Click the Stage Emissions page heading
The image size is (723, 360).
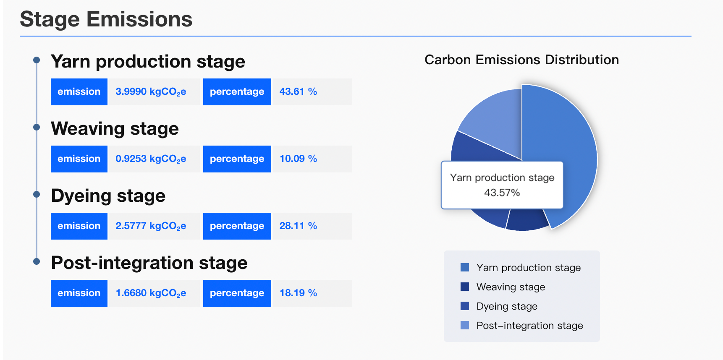(x=106, y=19)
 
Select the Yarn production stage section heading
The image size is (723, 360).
(x=148, y=62)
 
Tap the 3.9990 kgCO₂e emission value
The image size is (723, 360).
(x=151, y=92)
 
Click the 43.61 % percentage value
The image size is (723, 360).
(x=298, y=91)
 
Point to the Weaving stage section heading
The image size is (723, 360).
(x=115, y=129)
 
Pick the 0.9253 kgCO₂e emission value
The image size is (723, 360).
(x=151, y=159)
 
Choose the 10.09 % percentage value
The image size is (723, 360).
(x=298, y=159)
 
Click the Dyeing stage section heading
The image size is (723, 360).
(x=108, y=196)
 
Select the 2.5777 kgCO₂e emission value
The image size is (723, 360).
(x=151, y=226)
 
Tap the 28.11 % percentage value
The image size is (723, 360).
(x=298, y=226)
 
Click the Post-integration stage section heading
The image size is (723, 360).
(x=149, y=263)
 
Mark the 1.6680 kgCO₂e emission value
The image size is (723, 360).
(x=151, y=293)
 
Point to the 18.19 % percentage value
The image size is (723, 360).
(x=298, y=293)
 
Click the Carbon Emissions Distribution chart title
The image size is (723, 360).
(x=521, y=60)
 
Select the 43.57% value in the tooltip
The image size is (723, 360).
(x=502, y=193)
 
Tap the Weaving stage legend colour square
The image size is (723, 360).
(x=465, y=287)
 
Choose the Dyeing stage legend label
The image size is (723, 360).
(x=507, y=306)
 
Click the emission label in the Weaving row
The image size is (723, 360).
(x=79, y=159)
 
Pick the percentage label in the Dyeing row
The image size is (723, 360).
(x=237, y=226)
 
